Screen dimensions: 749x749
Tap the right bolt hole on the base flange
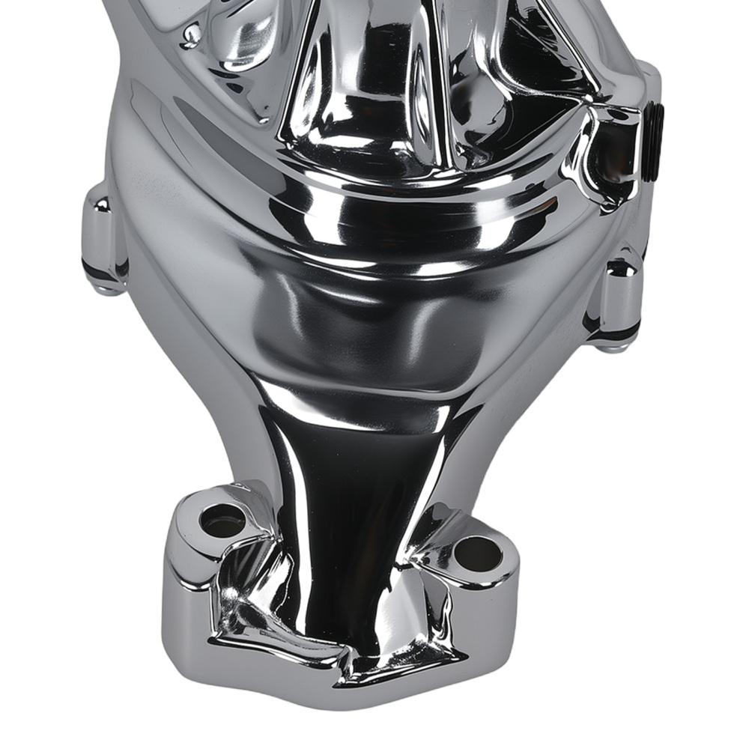coord(477,553)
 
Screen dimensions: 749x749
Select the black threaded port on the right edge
coord(652,142)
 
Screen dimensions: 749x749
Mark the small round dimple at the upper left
coord(192,34)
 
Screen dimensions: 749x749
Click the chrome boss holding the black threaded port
coord(610,146)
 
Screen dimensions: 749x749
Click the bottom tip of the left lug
coord(105,288)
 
